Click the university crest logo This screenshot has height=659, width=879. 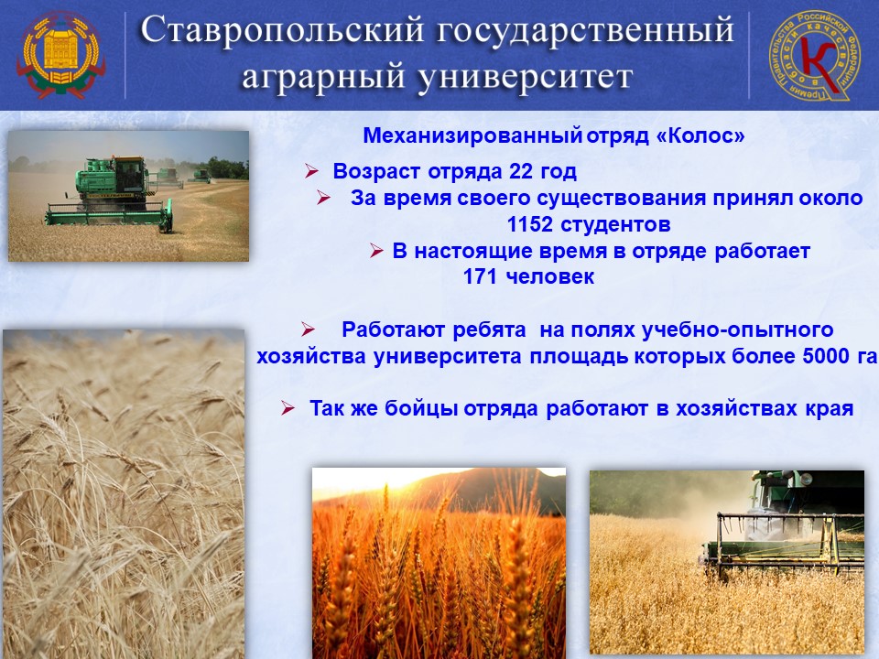coord(60,55)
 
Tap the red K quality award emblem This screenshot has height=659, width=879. coord(812,56)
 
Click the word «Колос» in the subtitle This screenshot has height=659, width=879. coord(700,136)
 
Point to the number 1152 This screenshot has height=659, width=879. coord(530,225)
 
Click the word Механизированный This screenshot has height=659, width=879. coord(472,136)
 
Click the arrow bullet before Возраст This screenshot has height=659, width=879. coord(311,171)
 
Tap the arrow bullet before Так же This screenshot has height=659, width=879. coord(288,408)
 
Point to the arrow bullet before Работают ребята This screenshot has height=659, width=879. coord(308,329)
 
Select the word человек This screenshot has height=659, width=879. coord(550,276)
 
